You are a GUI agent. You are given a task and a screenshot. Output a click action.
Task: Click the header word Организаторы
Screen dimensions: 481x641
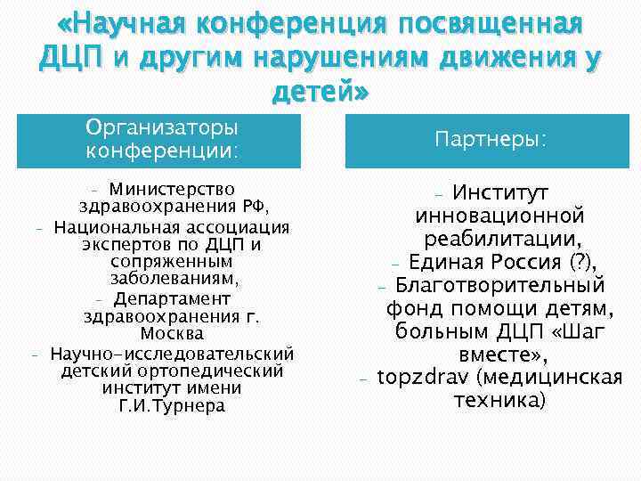click(x=162, y=129)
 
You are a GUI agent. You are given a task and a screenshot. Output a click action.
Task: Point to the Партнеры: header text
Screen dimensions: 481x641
click(x=491, y=141)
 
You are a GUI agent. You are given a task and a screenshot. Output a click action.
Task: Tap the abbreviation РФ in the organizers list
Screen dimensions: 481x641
click(x=255, y=207)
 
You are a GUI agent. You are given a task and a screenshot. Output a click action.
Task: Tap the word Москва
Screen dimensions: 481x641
click(x=172, y=334)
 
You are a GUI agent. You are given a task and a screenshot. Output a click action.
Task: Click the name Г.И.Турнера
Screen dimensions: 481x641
click(x=172, y=406)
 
